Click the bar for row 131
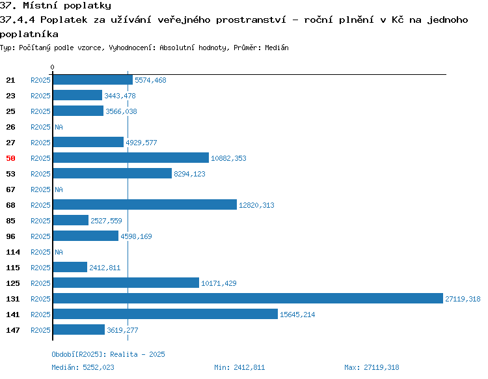[x=248, y=298]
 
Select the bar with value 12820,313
[x=145, y=204]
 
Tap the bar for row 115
[x=70, y=267]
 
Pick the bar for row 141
[x=165, y=314]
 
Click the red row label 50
[x=10, y=158]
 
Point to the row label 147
[x=13, y=330]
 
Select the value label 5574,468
[x=150, y=80]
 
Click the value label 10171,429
[x=219, y=283]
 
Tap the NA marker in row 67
[x=59, y=189]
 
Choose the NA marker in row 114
[x=59, y=252]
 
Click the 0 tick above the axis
[x=52, y=67]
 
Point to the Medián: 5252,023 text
[x=83, y=367]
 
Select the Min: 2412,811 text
[x=239, y=367]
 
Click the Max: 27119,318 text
[x=372, y=367]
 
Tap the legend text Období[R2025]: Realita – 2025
[x=108, y=354]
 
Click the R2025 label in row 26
[x=40, y=127]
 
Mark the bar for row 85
[x=71, y=220]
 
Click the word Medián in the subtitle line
[x=277, y=48]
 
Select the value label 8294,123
[x=189, y=174]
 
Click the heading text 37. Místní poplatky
[x=55, y=6]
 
